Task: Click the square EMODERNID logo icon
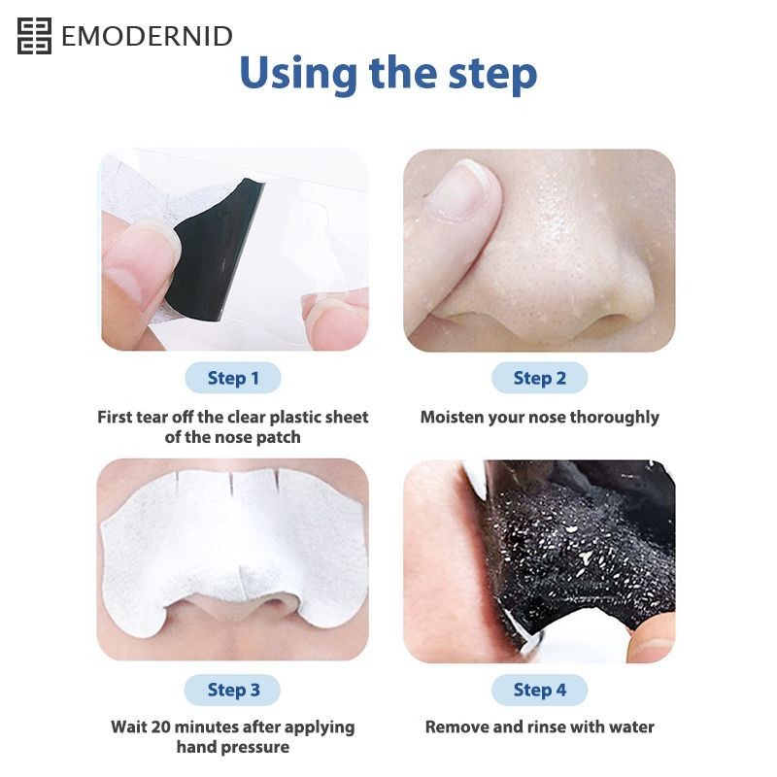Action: [34, 36]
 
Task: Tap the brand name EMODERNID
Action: [147, 36]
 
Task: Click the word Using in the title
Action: [298, 75]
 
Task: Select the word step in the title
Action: [492, 76]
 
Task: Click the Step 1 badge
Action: [233, 378]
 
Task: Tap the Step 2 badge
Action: [540, 378]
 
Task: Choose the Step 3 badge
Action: [233, 690]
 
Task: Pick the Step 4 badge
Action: [540, 690]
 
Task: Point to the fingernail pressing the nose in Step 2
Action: [463, 190]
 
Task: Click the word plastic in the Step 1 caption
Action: [296, 418]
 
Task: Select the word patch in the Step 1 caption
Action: [280, 438]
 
